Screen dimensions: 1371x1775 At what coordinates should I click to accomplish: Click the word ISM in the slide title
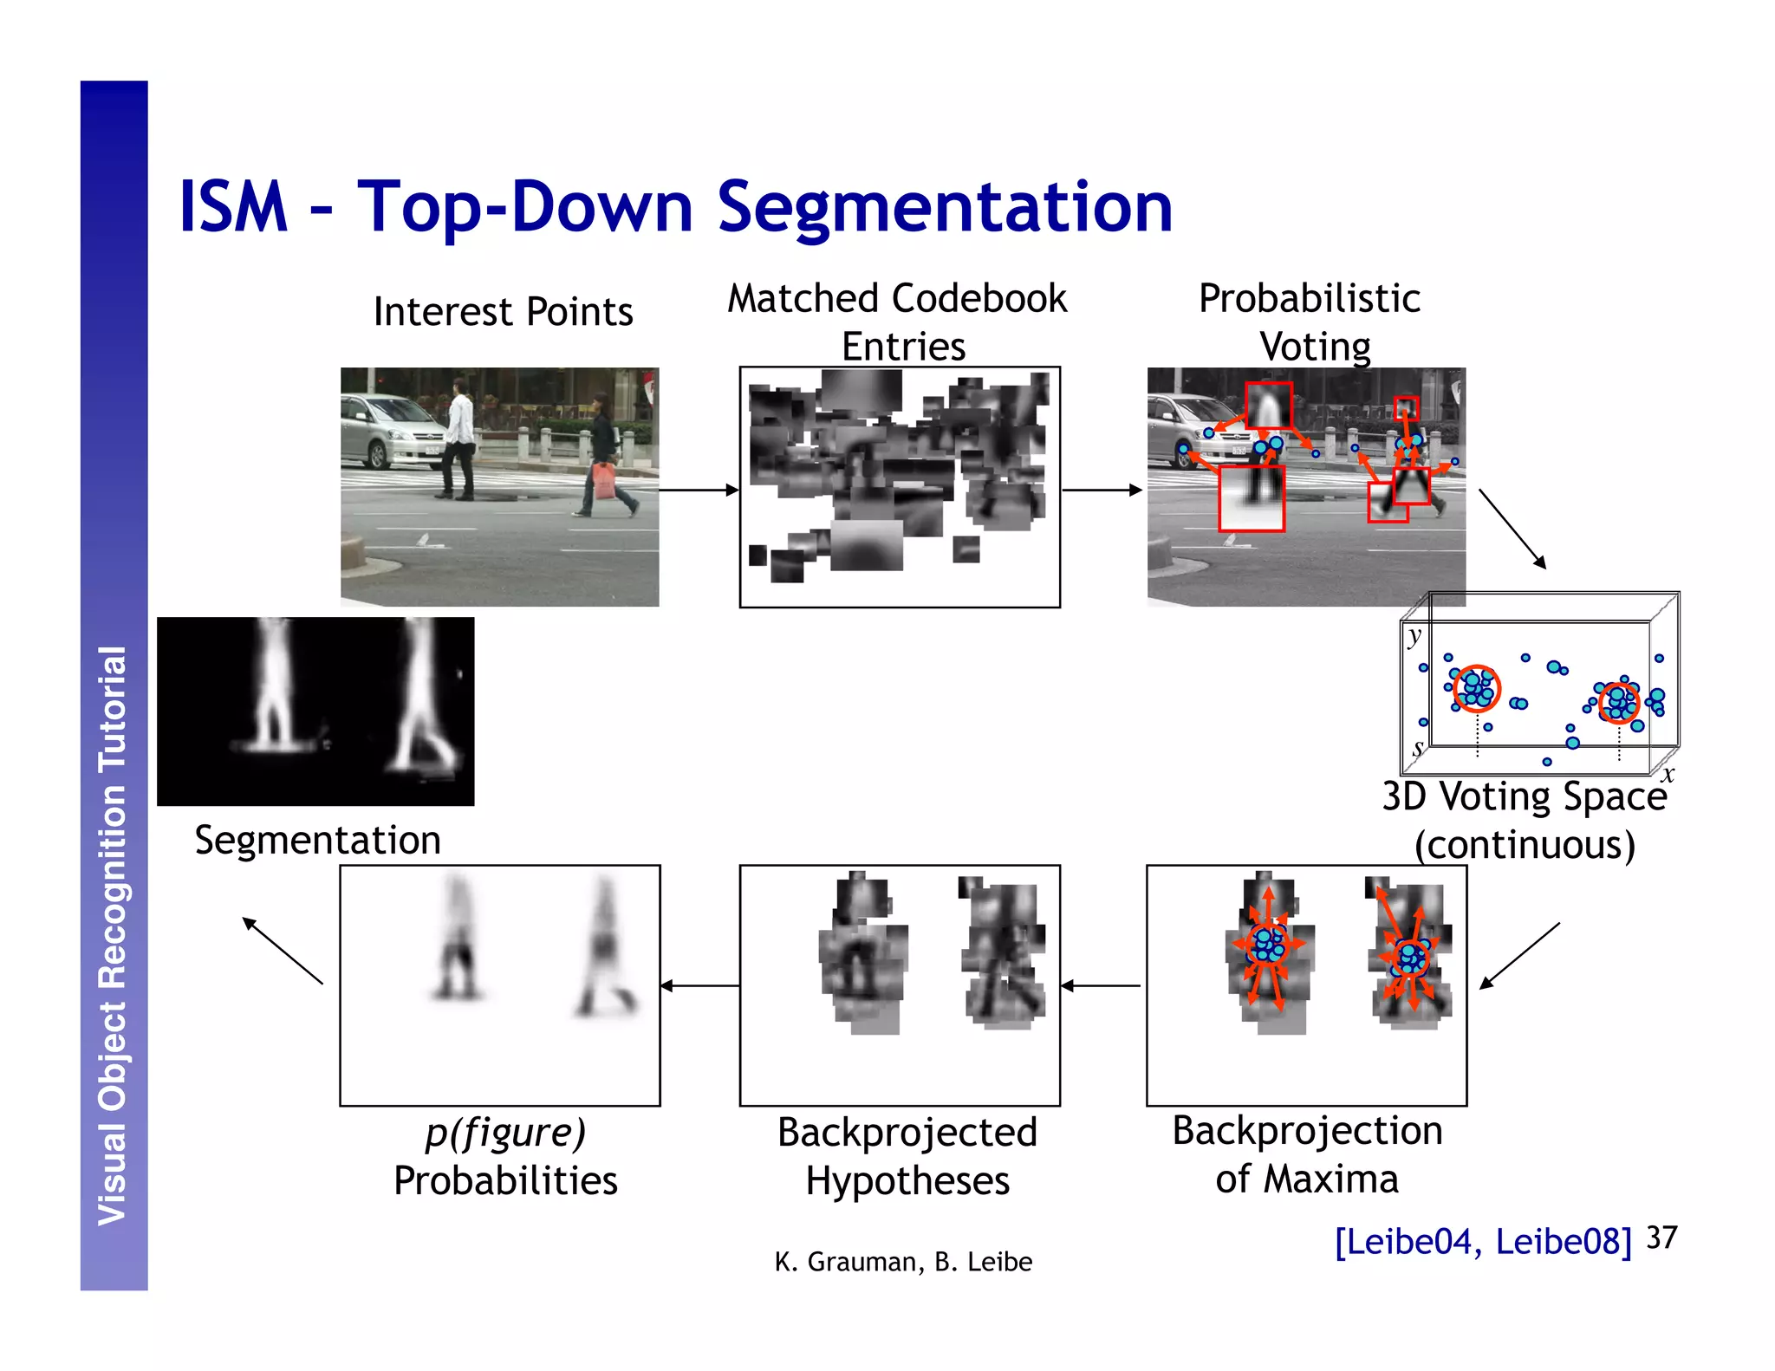point(232,208)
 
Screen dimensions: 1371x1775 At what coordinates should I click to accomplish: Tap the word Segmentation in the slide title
point(945,208)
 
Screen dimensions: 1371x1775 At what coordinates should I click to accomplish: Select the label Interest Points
point(503,312)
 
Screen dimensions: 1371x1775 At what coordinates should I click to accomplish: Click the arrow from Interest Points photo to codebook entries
point(699,491)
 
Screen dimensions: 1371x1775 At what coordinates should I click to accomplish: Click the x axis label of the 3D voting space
point(1668,774)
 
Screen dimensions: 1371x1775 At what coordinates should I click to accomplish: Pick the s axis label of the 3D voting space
point(1418,747)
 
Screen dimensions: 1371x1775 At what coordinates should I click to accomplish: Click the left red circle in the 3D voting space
point(1476,689)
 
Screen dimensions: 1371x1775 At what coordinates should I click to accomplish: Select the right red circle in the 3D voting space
point(1618,702)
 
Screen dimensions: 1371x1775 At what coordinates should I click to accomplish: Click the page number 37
point(1661,1238)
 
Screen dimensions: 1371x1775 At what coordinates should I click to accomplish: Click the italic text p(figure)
point(505,1133)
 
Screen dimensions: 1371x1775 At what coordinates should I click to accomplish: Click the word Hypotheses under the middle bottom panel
point(907,1181)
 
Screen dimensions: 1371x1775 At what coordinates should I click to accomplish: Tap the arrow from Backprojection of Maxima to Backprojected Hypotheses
point(1101,986)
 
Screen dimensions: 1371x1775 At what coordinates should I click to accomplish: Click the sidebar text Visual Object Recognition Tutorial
point(114,936)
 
